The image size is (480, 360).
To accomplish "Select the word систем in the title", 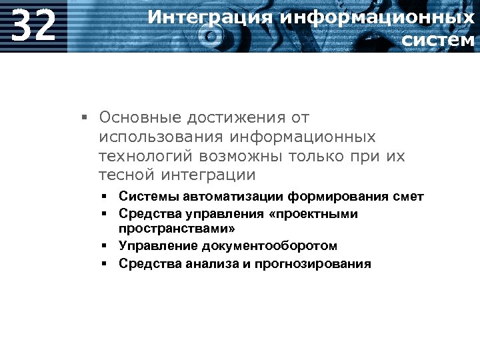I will [439, 40].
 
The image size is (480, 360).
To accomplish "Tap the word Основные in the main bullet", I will [140, 118].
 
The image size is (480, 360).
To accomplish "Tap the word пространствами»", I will [177, 229].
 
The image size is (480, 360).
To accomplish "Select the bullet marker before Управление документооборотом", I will [105, 246].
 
